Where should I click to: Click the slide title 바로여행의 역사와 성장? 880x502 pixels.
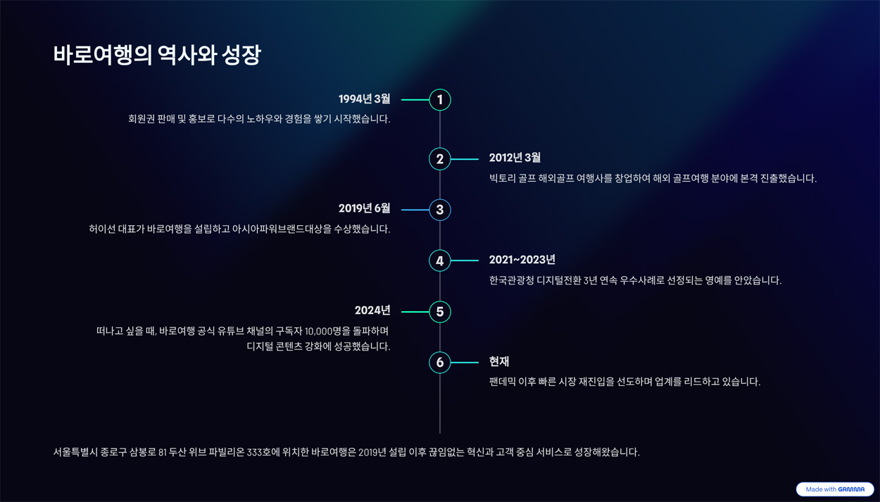pyautogui.click(x=157, y=55)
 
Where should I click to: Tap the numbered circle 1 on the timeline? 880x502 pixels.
pyautogui.click(x=439, y=100)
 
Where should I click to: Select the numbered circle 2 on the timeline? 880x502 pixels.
pyautogui.click(x=439, y=159)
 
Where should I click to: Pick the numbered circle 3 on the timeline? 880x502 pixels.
pyautogui.click(x=439, y=210)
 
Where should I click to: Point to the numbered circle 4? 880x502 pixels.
pyautogui.click(x=439, y=261)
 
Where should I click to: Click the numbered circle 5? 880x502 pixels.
pyautogui.click(x=439, y=312)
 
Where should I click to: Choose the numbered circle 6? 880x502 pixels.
pyautogui.click(x=439, y=362)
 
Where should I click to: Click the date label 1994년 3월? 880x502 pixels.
pyautogui.click(x=365, y=99)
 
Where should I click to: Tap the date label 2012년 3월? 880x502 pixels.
pyautogui.click(x=515, y=158)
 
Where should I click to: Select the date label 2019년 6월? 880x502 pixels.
pyautogui.click(x=365, y=208)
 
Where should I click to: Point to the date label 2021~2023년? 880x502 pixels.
pyautogui.click(x=522, y=260)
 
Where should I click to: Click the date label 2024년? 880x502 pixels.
pyautogui.click(x=372, y=310)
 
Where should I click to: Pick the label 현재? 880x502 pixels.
pyautogui.click(x=499, y=361)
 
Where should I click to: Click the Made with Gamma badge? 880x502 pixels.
pyautogui.click(x=835, y=489)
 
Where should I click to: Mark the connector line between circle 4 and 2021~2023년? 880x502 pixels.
pyautogui.click(x=465, y=261)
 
